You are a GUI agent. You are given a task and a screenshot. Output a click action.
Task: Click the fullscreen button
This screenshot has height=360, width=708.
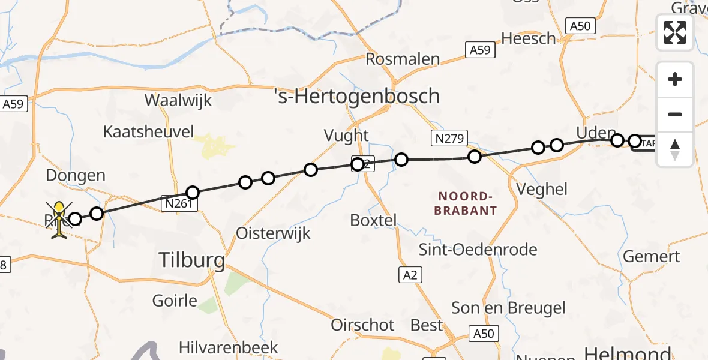tap(675, 32)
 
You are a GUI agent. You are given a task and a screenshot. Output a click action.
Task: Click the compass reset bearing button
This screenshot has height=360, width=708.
tap(675, 149)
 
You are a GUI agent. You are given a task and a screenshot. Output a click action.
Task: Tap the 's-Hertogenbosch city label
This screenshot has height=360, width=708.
tap(356, 96)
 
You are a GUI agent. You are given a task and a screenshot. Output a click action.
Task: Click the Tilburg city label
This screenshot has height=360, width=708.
tap(192, 260)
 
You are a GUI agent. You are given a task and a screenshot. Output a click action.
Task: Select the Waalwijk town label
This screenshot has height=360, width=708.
tap(179, 100)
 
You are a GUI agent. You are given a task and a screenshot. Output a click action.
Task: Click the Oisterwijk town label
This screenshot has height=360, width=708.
tap(274, 233)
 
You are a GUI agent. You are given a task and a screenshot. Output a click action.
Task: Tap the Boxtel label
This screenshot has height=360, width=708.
tap(373, 220)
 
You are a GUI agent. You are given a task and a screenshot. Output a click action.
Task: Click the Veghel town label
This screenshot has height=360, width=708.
tap(542, 189)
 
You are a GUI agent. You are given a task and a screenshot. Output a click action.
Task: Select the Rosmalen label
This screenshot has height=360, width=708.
tap(403, 59)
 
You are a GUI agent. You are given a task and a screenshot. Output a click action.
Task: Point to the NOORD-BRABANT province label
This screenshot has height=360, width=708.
tap(467, 203)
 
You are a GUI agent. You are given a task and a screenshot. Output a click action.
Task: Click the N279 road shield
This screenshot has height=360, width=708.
tap(448, 139)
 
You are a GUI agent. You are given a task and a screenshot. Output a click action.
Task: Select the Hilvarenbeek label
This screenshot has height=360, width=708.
tap(229, 347)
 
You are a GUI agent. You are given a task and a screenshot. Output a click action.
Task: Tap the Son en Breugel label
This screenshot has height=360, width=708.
tap(508, 308)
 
